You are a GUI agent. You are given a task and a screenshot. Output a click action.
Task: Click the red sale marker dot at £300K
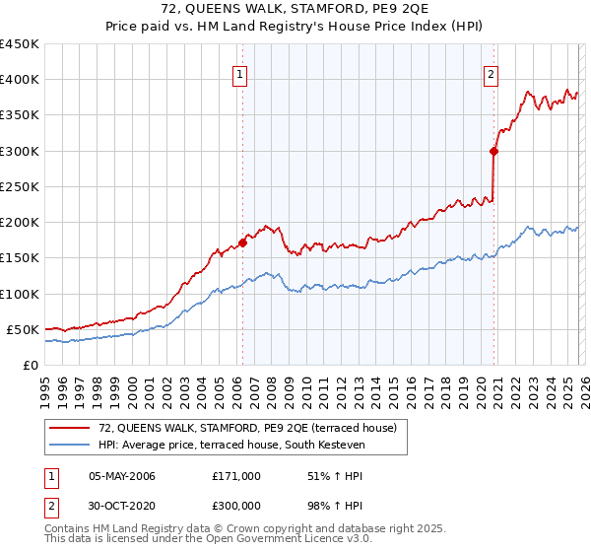(x=494, y=151)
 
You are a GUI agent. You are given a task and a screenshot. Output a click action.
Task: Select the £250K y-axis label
(x=20, y=186)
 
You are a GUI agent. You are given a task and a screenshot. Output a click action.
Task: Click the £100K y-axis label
(x=20, y=294)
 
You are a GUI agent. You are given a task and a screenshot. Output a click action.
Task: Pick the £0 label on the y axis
(x=31, y=365)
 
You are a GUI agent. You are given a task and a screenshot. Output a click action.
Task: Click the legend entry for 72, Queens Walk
(x=246, y=428)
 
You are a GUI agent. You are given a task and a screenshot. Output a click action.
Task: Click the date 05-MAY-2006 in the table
(x=122, y=476)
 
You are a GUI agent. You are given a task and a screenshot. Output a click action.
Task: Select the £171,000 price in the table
(x=236, y=476)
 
